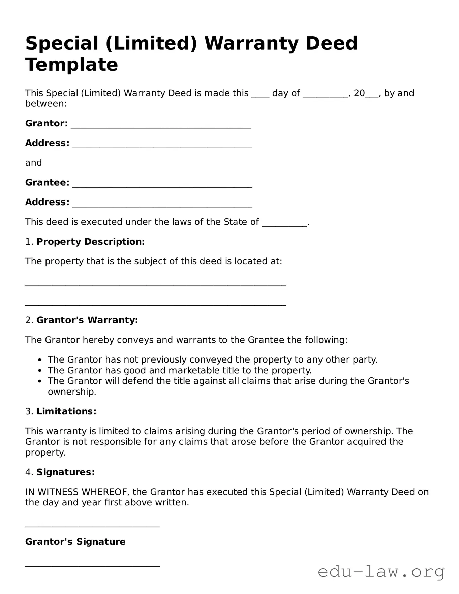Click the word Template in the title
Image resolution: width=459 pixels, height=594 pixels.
tap(71, 65)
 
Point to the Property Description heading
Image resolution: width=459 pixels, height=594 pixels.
tap(90, 242)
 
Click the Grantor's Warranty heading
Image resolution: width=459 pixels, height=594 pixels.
tap(87, 320)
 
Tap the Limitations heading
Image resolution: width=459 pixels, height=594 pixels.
tap(66, 411)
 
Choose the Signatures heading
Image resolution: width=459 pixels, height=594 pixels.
tap(65, 472)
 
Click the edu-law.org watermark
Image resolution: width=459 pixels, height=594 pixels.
tap(381, 572)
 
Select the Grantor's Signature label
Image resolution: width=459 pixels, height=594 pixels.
tap(75, 542)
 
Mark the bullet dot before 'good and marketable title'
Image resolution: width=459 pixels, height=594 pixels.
tap(40, 371)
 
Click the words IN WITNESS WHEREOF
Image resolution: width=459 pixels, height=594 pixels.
tap(76, 492)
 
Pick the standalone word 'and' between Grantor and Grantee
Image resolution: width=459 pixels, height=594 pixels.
tap(33, 163)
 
